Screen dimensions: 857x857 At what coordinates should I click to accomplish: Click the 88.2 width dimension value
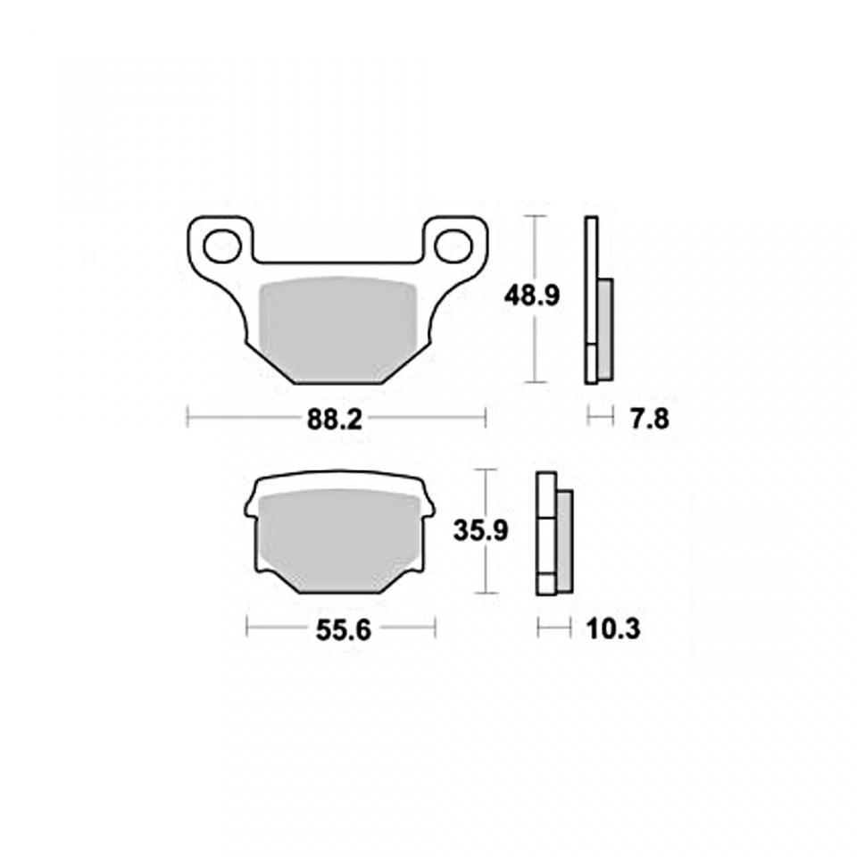[335, 420]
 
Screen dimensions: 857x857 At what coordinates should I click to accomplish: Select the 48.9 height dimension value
[532, 296]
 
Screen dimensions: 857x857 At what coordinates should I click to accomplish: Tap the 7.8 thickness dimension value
[649, 420]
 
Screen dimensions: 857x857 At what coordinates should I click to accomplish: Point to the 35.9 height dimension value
[481, 530]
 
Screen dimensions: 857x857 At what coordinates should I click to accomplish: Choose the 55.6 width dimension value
[343, 631]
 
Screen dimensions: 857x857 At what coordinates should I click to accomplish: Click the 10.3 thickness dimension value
[613, 629]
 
